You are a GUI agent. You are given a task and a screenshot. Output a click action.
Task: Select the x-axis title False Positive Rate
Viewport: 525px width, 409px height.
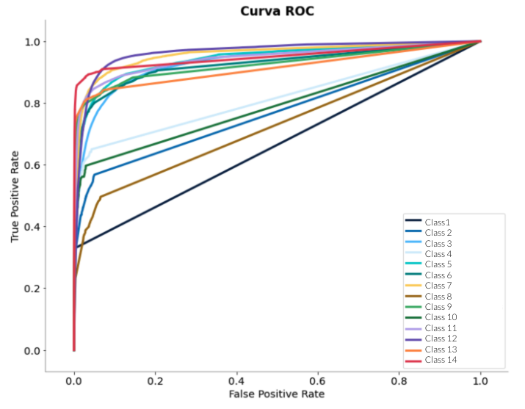pyautogui.click(x=276, y=394)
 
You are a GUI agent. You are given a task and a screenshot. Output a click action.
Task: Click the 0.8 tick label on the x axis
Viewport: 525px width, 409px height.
pyautogui.click(x=399, y=382)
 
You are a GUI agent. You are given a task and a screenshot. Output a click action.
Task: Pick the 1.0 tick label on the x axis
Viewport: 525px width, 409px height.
pyautogui.click(x=481, y=382)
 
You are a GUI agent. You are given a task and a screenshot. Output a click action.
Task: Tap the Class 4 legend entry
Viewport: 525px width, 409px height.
pyautogui.click(x=438, y=253)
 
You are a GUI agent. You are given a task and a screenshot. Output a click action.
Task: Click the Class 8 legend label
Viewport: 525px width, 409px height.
pyautogui.click(x=438, y=296)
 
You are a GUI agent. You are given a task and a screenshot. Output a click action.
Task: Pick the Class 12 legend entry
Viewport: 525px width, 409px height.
pyautogui.click(x=441, y=339)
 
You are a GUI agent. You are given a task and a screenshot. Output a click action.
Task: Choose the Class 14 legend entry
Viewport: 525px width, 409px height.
pyautogui.click(x=441, y=360)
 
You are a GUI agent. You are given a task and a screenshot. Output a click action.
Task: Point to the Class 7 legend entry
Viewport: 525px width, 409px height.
pyautogui.click(x=438, y=286)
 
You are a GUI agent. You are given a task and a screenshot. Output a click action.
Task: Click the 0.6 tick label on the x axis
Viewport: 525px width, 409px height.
pyautogui.click(x=318, y=382)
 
